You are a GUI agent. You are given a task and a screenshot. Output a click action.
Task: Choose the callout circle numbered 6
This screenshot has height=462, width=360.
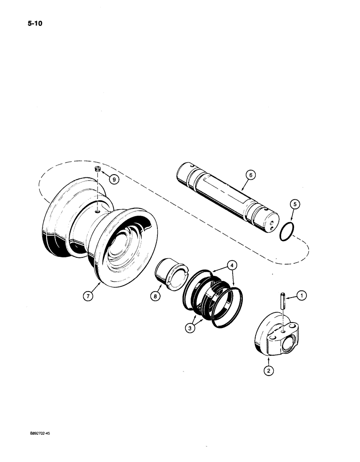pyautogui.click(x=249, y=175)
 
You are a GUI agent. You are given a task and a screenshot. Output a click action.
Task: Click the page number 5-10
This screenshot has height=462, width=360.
pyautogui.click(x=22, y=21)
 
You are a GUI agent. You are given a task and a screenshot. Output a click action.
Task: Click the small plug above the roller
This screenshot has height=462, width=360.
pyautogui.click(x=97, y=170)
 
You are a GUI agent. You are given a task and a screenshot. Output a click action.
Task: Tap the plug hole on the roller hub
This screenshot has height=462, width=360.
pyautogui.click(x=97, y=211)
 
